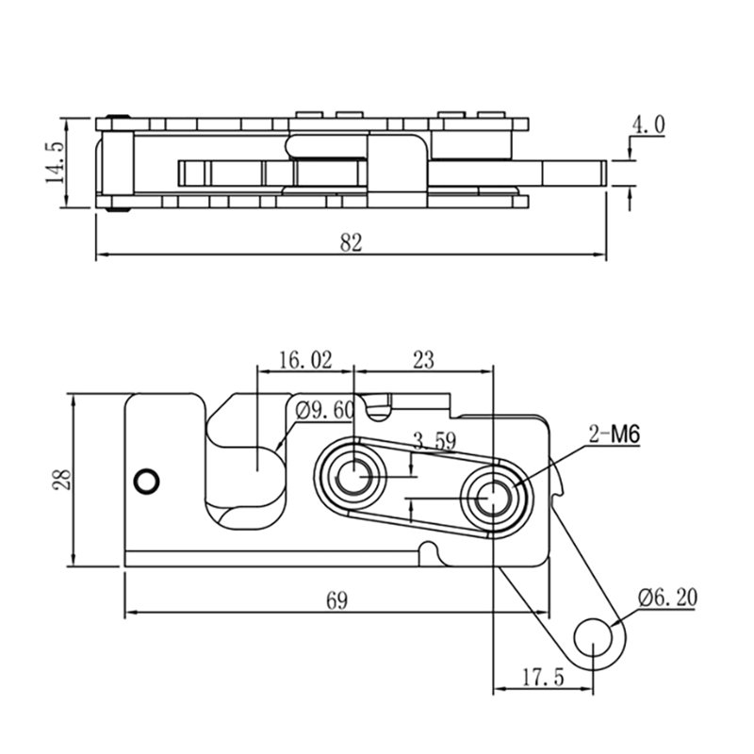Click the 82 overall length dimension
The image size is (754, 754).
(x=351, y=243)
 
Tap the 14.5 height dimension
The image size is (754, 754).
(x=56, y=162)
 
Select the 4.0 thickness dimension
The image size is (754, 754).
(x=648, y=125)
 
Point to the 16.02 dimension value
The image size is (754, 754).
(x=305, y=360)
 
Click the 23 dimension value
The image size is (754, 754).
(x=423, y=360)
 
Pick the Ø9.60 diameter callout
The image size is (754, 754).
(x=325, y=411)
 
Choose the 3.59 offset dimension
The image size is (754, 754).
(x=434, y=441)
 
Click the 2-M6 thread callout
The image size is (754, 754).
(x=615, y=435)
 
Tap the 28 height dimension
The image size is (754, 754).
(x=62, y=480)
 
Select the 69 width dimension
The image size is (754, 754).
(x=336, y=600)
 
